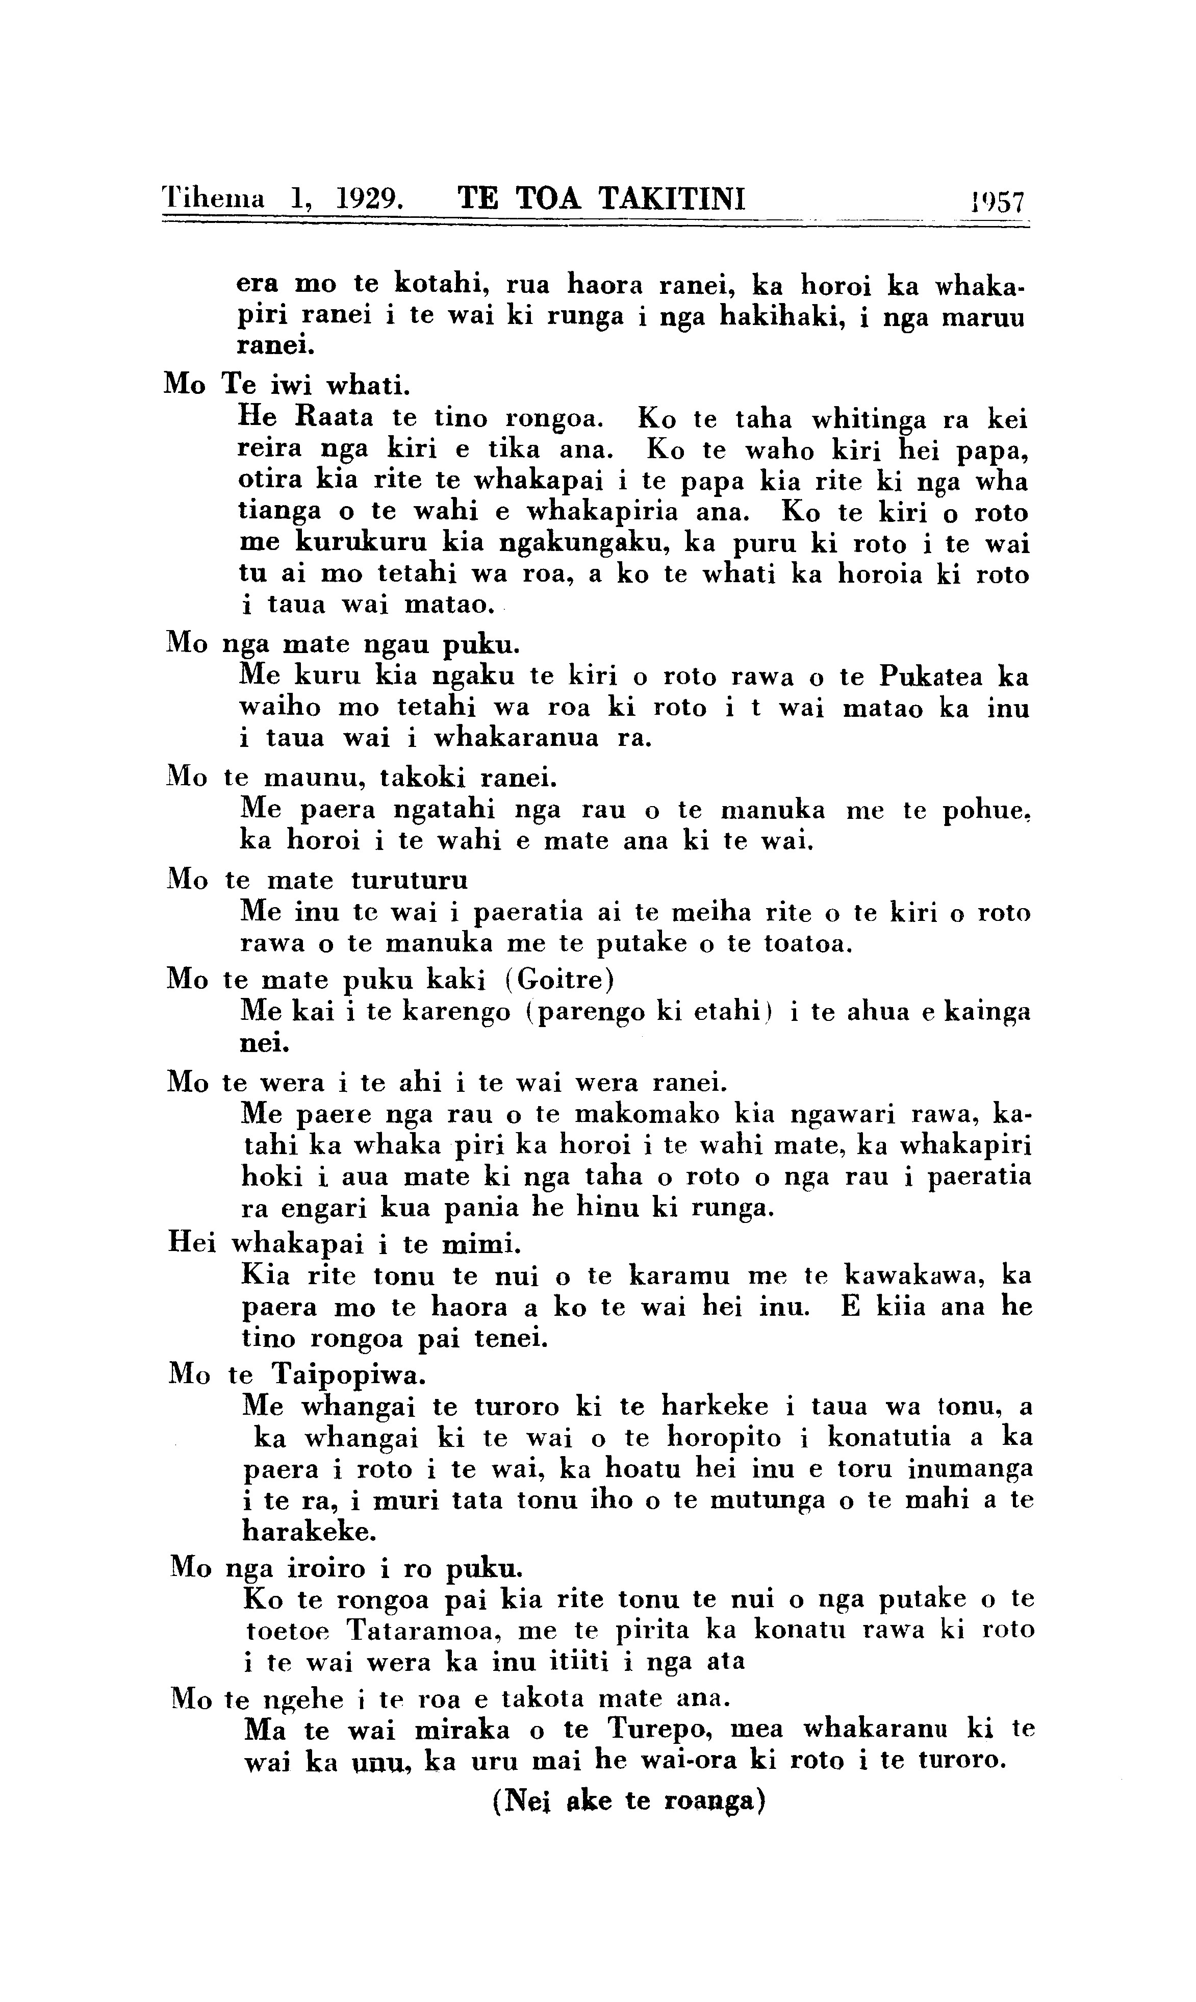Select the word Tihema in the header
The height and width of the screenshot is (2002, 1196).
pos(214,198)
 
